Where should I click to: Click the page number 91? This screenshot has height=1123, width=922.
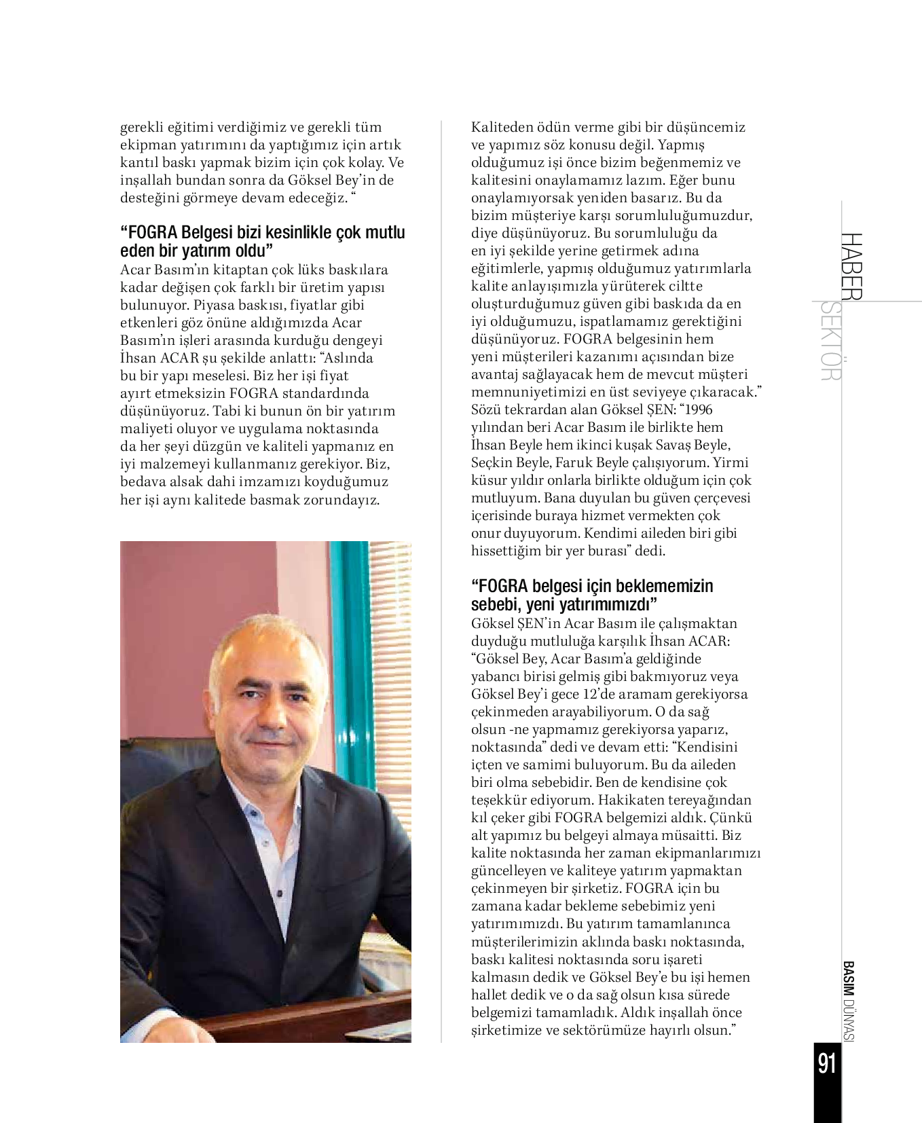click(x=827, y=1063)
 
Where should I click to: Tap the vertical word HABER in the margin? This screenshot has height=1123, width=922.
click(x=851, y=266)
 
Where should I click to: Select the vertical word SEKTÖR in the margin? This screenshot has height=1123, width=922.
click(x=831, y=341)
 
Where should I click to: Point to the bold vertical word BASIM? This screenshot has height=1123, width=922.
click(x=848, y=979)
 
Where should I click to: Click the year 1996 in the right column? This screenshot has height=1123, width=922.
click(x=699, y=409)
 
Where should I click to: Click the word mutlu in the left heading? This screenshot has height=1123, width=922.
click(x=385, y=232)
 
